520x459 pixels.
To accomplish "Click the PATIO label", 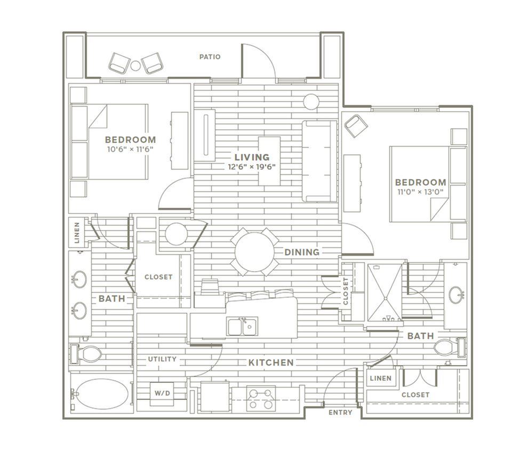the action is (210, 57).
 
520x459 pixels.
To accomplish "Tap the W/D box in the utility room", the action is (162, 393).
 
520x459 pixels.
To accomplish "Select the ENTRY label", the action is (340, 413).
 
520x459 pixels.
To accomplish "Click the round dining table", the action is (255, 252).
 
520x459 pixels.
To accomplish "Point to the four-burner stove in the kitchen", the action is (261, 399).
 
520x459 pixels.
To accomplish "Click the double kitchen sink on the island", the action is (243, 326).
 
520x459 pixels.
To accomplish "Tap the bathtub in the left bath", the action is (102, 394).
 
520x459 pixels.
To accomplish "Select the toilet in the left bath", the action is (85, 354).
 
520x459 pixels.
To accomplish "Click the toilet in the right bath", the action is (450, 348).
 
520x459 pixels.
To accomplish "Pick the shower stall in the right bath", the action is (385, 293).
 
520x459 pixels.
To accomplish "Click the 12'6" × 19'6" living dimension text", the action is (252, 167).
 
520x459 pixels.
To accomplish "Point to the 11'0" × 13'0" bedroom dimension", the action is (420, 191).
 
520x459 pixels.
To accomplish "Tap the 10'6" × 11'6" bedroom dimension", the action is (130, 149).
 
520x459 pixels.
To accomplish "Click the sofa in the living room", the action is (319, 161).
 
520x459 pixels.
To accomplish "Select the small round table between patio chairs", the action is (135, 66).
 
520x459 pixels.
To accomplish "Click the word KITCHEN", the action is (271, 363).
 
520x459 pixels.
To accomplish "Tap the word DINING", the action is (302, 252).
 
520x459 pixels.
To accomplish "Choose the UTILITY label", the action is (162, 359).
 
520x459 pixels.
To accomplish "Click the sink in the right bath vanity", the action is (457, 295).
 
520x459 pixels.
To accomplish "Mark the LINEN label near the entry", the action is (380, 378).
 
